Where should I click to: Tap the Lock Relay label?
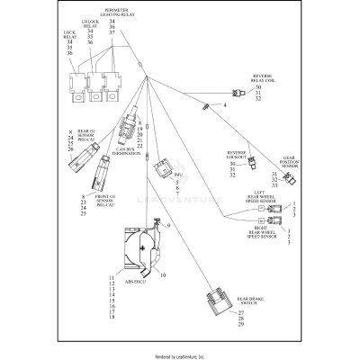click(69, 36)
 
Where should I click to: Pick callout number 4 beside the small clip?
click(225, 106)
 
